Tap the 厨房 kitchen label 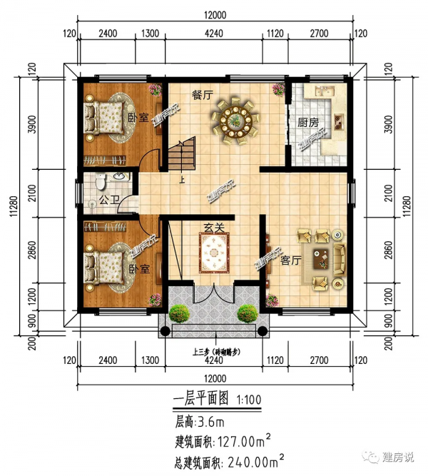(307, 122)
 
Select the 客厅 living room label (290, 260)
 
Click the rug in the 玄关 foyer (213, 253)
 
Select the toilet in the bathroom (100, 182)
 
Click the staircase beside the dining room (181, 153)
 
